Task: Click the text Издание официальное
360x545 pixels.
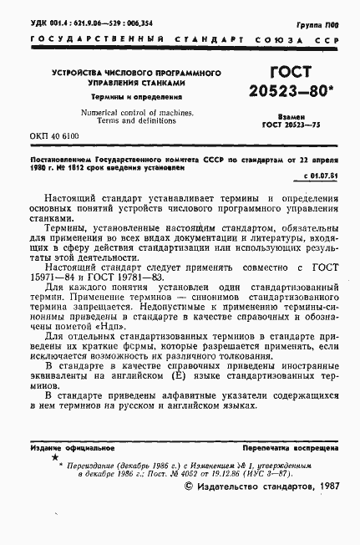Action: (x=68, y=448)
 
